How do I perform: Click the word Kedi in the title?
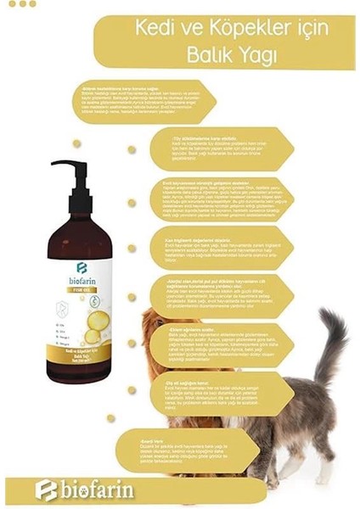click(x=154, y=29)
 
